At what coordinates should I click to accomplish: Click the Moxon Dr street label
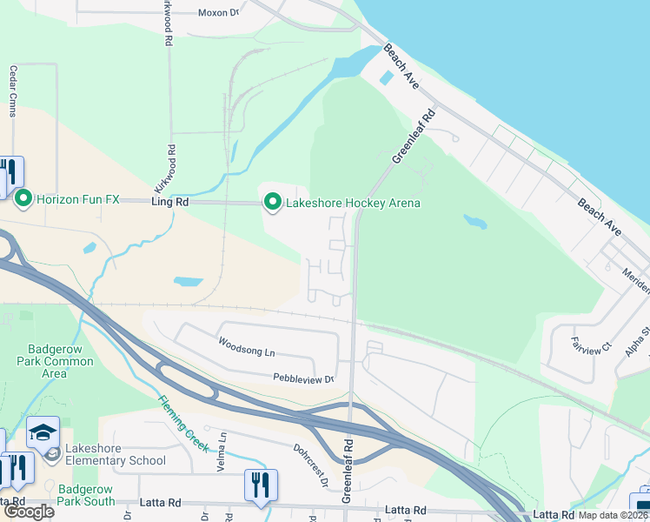[x=217, y=13]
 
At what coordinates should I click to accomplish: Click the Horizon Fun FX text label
[x=77, y=199]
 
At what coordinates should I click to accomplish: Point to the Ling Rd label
[x=169, y=202]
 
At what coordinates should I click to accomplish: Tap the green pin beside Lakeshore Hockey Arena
[x=273, y=204]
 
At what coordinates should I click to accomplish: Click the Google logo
[x=29, y=512]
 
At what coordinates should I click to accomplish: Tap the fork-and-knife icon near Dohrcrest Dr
[x=261, y=484]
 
